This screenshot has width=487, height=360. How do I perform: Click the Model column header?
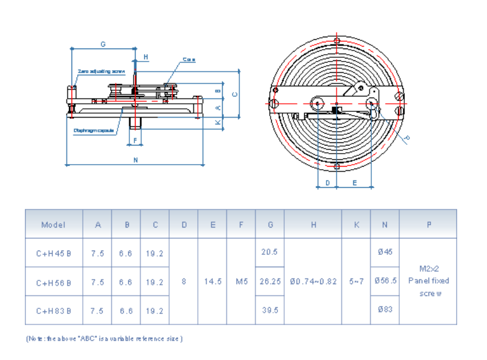pos(53,224)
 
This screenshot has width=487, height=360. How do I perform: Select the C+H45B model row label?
pos(53,253)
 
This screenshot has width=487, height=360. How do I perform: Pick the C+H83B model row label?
pos(53,310)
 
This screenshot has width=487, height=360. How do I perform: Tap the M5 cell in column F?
pos(241,282)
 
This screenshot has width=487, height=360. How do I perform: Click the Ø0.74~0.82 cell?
pos(313,282)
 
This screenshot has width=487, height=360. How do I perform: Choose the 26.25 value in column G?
pos(270,282)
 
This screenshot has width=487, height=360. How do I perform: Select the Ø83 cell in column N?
pos(384,310)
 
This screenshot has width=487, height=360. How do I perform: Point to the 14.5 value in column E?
pos(213,282)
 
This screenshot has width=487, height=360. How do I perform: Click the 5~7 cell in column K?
pos(356,282)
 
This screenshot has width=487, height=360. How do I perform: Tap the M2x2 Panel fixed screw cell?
pos(428,281)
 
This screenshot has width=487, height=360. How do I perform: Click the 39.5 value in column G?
pos(270,310)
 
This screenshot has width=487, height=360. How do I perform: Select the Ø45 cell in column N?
pos(384,252)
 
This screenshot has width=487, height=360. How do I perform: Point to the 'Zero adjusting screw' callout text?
pos(101,72)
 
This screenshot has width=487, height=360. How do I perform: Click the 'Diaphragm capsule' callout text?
pos(93,130)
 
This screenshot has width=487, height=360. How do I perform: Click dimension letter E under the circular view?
pos(355,183)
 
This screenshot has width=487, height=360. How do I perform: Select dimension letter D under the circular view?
pos(327,183)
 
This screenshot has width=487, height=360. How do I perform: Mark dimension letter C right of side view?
pos(234,95)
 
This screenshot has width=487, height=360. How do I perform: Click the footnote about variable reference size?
pos(104,339)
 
